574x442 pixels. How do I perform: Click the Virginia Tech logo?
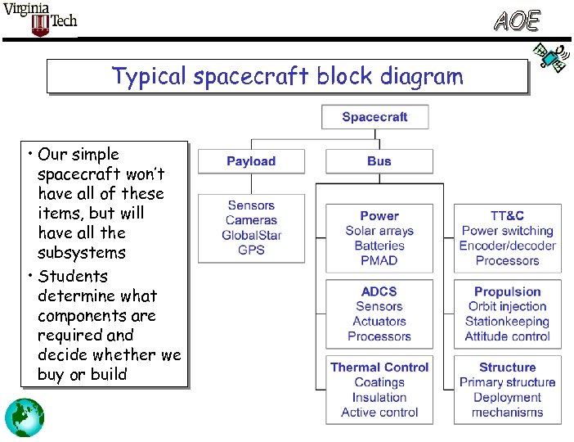40,20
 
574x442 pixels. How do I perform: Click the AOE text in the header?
516,21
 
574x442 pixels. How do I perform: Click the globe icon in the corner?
25,416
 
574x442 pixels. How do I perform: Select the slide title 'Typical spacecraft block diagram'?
287,76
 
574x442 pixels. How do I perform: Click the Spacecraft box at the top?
374,117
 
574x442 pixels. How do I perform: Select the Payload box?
251,161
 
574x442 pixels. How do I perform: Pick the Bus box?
379,161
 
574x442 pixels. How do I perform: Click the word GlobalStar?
251,235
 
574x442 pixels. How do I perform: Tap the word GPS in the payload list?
251,250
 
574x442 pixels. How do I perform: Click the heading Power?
379,216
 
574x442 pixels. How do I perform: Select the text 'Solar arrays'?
379,231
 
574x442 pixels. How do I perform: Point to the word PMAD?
379,260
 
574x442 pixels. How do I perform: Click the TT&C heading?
507,216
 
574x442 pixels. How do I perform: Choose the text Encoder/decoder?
507,246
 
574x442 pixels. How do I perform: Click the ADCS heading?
379,291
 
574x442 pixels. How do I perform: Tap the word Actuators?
379,321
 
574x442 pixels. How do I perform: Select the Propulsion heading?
507,291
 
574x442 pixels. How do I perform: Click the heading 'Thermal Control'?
379,368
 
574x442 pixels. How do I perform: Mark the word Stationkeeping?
507,321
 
